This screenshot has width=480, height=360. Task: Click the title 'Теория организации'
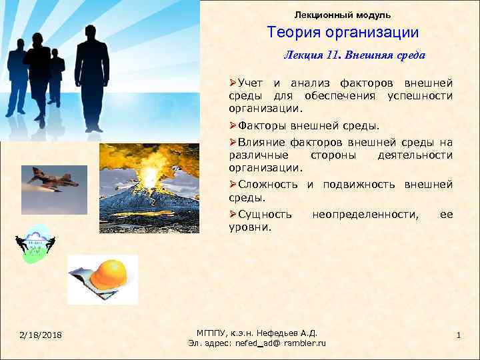pos(343,32)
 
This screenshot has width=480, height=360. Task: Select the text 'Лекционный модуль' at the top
pos(343,14)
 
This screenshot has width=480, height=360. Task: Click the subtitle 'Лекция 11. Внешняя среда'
pos(354,55)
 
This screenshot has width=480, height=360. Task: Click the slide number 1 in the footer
pos(459,334)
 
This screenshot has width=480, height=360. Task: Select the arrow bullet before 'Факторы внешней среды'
pos(233,125)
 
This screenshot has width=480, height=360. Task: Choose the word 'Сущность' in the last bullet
pos(265,214)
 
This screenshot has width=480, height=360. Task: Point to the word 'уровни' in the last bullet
pos(248,227)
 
